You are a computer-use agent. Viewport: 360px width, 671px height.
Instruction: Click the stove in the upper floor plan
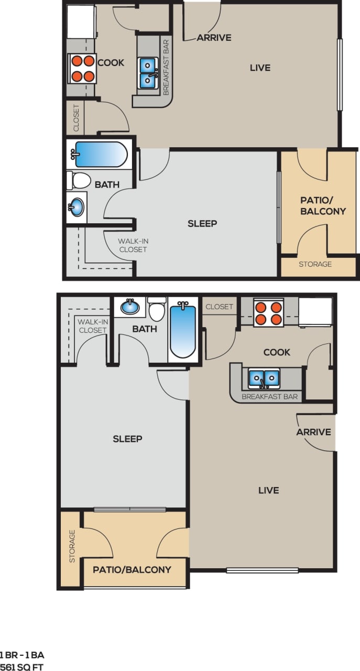tap(81, 68)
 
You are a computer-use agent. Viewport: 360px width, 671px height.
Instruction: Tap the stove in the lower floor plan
tap(269, 312)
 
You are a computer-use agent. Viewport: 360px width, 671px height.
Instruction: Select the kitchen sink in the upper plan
tap(149, 73)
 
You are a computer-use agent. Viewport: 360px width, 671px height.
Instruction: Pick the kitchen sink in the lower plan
tap(264, 377)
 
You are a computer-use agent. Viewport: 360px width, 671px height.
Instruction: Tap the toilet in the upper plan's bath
tap(79, 180)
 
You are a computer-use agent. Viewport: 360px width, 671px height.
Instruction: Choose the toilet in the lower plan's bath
tap(157, 309)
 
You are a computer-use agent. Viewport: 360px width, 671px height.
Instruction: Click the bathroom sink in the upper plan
tap(77, 207)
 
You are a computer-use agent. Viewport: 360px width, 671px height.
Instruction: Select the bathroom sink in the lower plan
tap(129, 306)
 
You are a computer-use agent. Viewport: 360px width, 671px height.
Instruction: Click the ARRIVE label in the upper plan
tap(214, 38)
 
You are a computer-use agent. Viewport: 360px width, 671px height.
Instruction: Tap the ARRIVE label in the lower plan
tap(313, 432)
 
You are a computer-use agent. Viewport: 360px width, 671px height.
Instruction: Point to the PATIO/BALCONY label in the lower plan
tap(132, 569)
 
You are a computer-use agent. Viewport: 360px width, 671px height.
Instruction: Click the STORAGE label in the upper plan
tap(315, 264)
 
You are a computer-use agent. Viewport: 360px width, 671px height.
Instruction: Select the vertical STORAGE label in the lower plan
tap(72, 546)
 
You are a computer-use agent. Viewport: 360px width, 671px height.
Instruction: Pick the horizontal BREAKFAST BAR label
tap(269, 396)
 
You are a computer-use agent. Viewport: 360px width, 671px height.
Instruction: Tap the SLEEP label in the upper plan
tap(202, 224)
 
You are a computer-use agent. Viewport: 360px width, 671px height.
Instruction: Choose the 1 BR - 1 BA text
tap(21, 655)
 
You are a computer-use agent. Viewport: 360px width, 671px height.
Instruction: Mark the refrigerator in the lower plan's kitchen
tap(315, 312)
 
